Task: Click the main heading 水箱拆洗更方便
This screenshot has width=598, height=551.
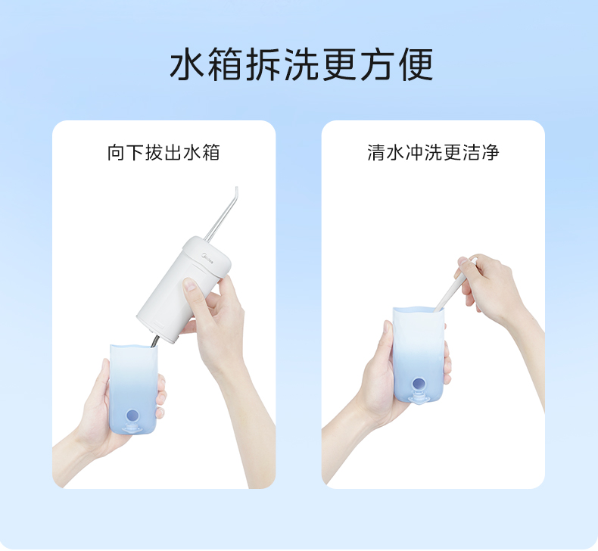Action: tap(301, 64)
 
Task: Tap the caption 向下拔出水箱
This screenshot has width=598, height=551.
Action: tap(164, 152)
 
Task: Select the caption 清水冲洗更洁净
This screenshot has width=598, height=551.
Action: tap(433, 152)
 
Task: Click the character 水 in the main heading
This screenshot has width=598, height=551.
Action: tap(187, 64)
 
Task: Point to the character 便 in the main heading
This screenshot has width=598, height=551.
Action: tap(416, 64)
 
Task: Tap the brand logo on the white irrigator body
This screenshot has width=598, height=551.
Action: tap(207, 257)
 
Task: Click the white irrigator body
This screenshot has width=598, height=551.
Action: tap(183, 291)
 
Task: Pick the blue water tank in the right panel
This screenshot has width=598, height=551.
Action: tap(419, 355)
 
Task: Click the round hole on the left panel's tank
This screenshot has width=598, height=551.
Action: tap(132, 416)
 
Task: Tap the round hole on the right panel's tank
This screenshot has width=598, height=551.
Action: tap(418, 384)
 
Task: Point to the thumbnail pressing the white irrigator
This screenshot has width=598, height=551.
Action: tap(189, 285)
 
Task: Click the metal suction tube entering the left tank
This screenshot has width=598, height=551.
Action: tap(155, 341)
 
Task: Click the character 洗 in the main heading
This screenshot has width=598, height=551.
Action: tap(301, 64)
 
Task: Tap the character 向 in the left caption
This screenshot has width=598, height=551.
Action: tap(116, 152)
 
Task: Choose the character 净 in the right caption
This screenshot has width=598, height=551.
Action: tap(491, 152)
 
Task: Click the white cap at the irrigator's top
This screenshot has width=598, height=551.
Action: tap(208, 251)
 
